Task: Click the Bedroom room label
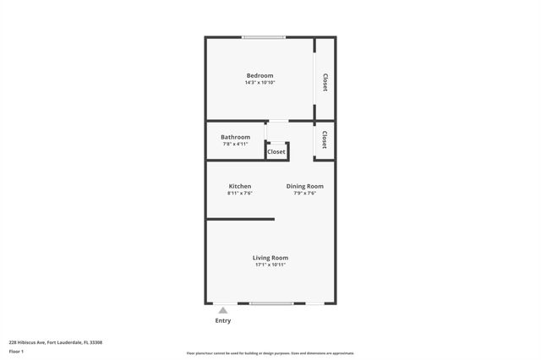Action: tap(260, 75)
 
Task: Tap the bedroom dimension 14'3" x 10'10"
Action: tap(260, 83)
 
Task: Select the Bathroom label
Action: tap(235, 137)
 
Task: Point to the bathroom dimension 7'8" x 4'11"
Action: tap(235, 145)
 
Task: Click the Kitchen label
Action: tap(239, 186)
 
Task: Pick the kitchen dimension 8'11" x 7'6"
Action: tap(239, 194)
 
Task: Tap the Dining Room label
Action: tap(304, 186)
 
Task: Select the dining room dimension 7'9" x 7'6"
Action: tap(304, 194)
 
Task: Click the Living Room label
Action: tap(270, 257)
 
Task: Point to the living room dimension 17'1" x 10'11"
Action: tap(270, 265)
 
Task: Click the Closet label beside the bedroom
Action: tap(325, 82)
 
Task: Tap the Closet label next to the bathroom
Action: tap(276, 152)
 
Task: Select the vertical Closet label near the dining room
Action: tap(325, 139)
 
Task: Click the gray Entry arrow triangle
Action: tap(223, 310)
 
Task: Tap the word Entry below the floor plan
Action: tap(223, 320)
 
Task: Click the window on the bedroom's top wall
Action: tap(264, 37)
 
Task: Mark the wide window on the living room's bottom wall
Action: tap(271, 303)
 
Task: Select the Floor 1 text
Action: tap(17, 351)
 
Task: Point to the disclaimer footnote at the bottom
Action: tap(270, 353)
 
